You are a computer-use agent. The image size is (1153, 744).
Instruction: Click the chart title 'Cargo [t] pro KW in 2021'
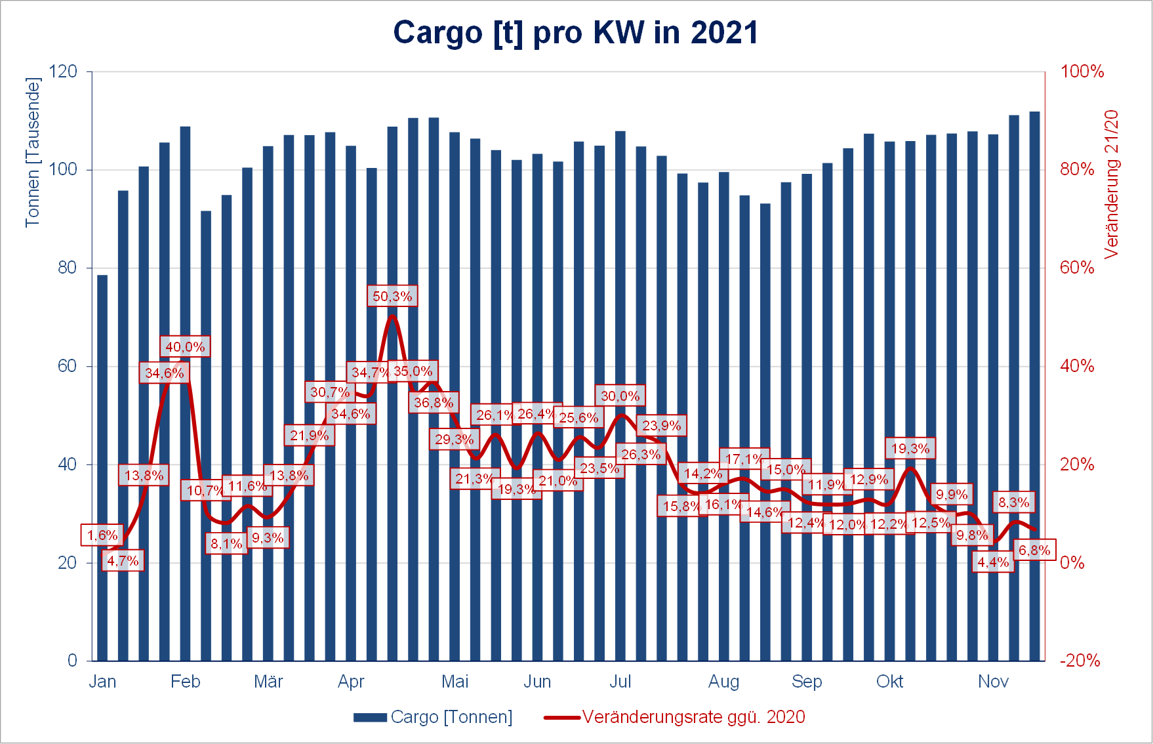click(575, 32)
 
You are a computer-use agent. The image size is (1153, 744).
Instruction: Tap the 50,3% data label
click(392, 297)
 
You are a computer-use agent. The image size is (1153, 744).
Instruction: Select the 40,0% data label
click(185, 347)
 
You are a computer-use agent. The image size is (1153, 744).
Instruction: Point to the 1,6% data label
click(102, 535)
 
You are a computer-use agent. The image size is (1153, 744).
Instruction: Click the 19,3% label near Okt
click(910, 449)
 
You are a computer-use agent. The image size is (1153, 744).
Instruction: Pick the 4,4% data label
click(993, 562)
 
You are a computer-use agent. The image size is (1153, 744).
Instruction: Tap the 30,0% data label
click(620, 396)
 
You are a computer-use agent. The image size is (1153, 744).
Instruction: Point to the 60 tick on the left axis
click(67, 366)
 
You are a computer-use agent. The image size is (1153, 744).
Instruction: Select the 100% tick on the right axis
click(1082, 72)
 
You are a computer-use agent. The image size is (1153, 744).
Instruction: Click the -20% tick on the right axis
click(1080, 661)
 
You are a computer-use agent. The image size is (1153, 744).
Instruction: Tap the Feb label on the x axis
click(185, 682)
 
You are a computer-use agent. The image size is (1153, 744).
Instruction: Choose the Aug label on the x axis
click(723, 682)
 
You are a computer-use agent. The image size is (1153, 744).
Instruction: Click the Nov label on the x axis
click(993, 682)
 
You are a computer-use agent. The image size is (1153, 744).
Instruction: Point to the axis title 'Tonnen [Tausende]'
click(33, 152)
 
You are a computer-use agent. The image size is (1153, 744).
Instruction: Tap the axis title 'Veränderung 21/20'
click(1112, 184)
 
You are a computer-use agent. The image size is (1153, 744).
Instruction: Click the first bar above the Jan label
click(102, 468)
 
